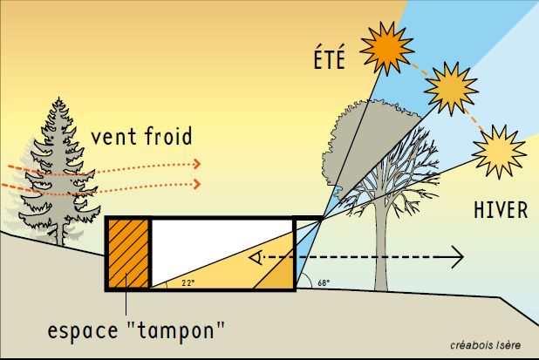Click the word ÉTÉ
329,59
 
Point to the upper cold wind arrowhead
198,164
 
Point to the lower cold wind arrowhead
198,184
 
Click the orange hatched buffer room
127,253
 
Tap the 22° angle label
188,282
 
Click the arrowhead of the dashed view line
457,258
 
